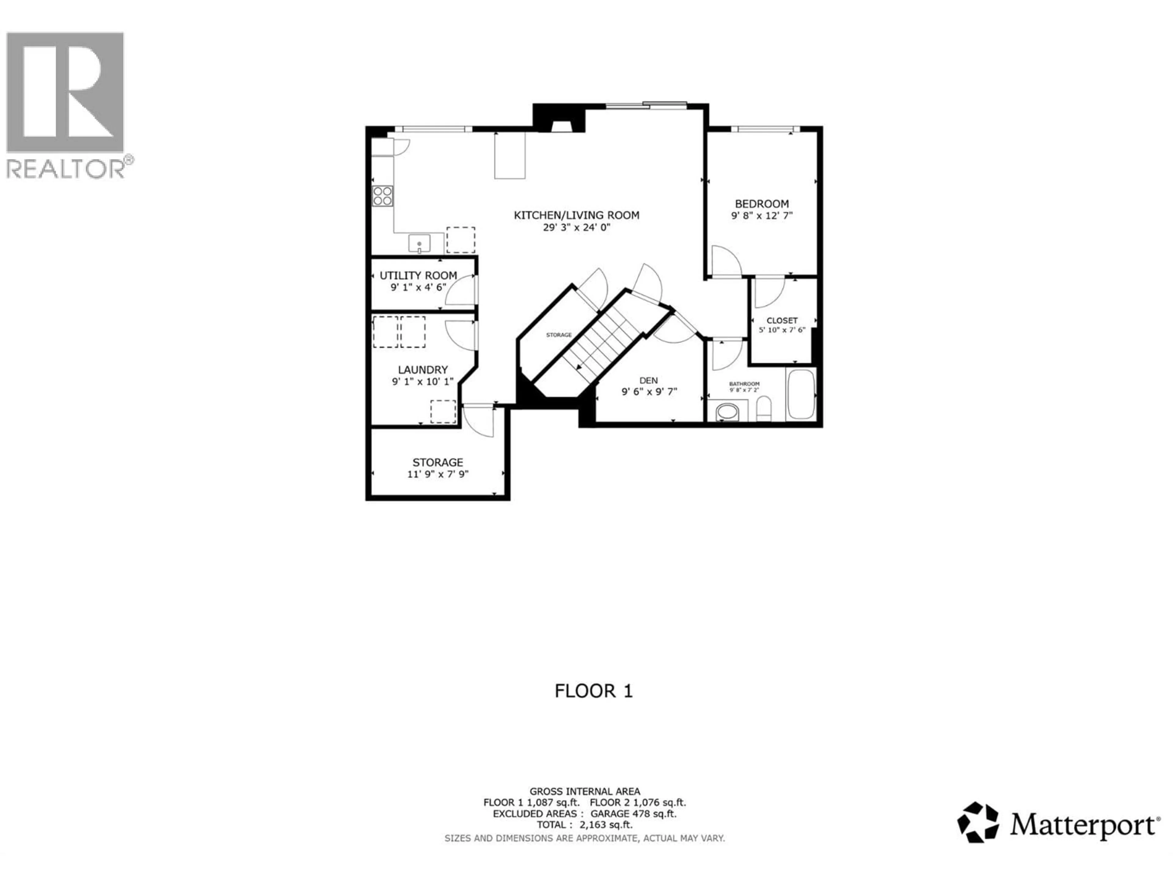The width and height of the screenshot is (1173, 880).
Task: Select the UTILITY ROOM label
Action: [x=418, y=275]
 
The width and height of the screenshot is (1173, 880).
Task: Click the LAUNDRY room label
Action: [x=423, y=370]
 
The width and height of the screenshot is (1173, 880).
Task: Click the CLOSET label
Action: [x=782, y=321]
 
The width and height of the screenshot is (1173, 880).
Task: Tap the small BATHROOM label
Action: [x=744, y=383]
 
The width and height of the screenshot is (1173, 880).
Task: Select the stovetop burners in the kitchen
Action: [x=382, y=196]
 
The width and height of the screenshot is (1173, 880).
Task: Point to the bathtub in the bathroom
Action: [x=801, y=394]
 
